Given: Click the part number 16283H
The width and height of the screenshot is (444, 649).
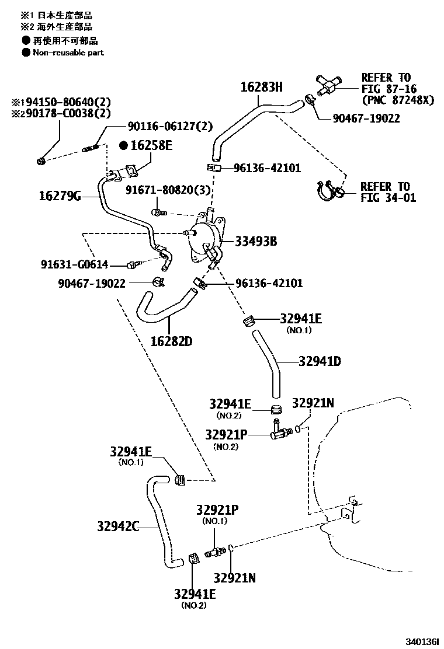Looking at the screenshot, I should coord(261,88).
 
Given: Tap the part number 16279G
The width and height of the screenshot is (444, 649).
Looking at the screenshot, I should coord(60,196).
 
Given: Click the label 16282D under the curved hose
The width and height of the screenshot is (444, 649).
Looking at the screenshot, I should coord(171,341).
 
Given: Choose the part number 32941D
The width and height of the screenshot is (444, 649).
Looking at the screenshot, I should coord(320,361).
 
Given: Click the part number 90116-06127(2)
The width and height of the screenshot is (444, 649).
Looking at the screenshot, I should coord(170,125).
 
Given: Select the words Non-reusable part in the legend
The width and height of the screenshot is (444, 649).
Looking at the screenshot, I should coord(68,53).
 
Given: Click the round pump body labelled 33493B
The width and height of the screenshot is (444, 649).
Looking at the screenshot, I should coord(202,238).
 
